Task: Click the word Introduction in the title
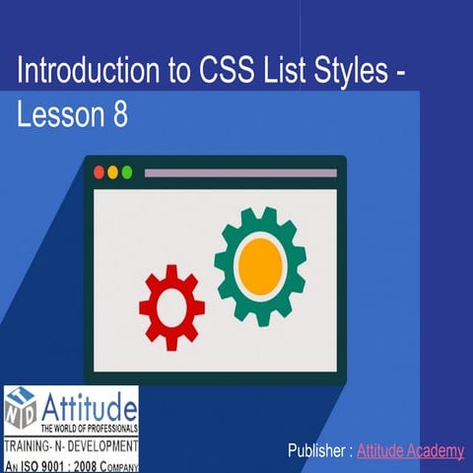[84, 72]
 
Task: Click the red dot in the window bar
[99, 172]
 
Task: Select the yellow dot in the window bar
[112, 172]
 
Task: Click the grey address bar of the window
[240, 172]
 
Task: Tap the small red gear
[171, 306]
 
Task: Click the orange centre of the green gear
[260, 263]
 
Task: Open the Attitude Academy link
[410, 451]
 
